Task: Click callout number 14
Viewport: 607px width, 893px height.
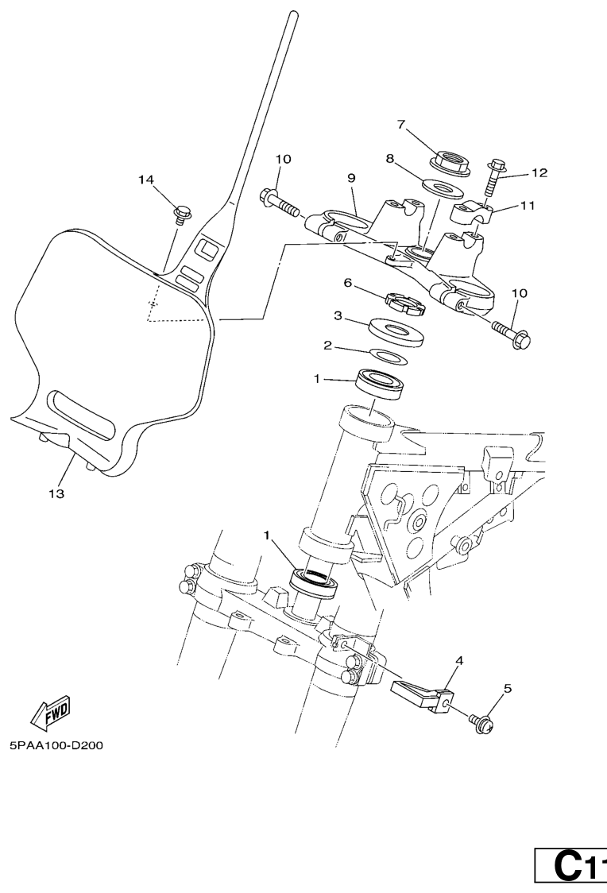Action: click(x=145, y=180)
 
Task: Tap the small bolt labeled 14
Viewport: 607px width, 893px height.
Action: click(x=181, y=213)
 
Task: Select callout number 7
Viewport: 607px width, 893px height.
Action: click(x=402, y=125)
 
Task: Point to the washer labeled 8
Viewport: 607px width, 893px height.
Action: click(x=443, y=188)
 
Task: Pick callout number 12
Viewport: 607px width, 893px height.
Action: click(x=539, y=172)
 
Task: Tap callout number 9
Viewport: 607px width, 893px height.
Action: click(x=351, y=179)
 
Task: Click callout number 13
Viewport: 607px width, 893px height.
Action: click(x=55, y=493)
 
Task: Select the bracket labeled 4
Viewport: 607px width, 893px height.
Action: click(x=423, y=693)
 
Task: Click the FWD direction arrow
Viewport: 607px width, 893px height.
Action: click(x=51, y=712)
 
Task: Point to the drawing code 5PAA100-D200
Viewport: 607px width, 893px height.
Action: click(x=56, y=746)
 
